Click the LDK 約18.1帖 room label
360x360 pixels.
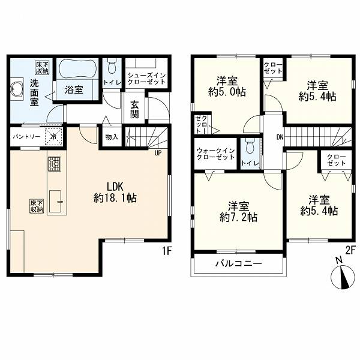[115, 193]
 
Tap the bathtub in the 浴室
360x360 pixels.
[77, 68]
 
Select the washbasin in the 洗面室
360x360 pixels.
[16, 89]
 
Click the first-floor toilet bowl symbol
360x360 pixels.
[112, 66]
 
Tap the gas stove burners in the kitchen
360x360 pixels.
[55, 164]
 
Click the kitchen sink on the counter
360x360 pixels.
[55, 202]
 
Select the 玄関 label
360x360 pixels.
[134, 109]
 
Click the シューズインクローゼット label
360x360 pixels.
[146, 79]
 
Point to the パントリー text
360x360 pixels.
[27, 137]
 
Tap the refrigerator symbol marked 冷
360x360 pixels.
[53, 137]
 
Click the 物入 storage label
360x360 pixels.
[112, 137]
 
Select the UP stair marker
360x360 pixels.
[158, 153]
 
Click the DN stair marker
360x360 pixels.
[280, 137]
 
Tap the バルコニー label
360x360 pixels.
[238, 263]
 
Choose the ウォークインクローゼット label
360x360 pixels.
[215, 154]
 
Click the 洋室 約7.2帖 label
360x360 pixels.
[238, 211]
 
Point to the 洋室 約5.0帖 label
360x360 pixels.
[227, 86]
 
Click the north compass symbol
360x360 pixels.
[343, 276]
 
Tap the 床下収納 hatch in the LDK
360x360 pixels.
[37, 206]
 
